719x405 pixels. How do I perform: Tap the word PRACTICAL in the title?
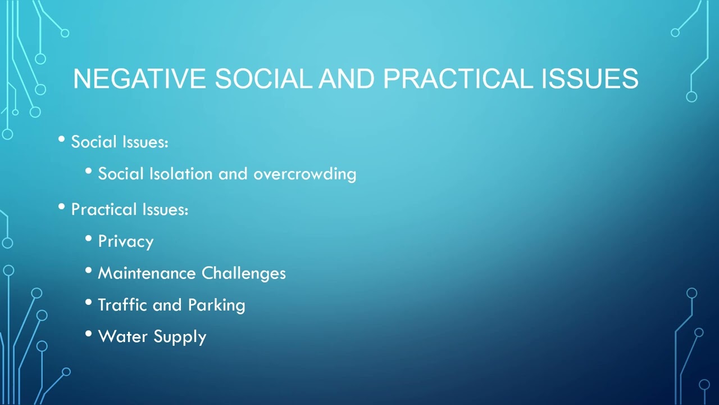pos(457,79)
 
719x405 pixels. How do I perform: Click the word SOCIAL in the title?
pos(263,79)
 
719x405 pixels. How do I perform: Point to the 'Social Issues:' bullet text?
pos(120,142)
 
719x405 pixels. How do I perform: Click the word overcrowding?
pos(304,174)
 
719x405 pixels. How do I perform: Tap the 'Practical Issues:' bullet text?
pos(129,210)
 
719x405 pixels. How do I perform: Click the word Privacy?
pos(125,242)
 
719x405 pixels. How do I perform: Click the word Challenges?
pos(243,273)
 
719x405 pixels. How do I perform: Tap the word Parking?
pos(216,305)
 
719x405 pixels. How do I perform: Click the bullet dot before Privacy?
pos(89,238)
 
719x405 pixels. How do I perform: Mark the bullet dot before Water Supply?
pos(89,334)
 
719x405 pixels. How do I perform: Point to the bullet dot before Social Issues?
pos(62,139)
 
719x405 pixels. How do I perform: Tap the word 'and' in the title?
pos(347,79)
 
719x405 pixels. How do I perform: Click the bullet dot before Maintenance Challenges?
pos(89,271)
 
